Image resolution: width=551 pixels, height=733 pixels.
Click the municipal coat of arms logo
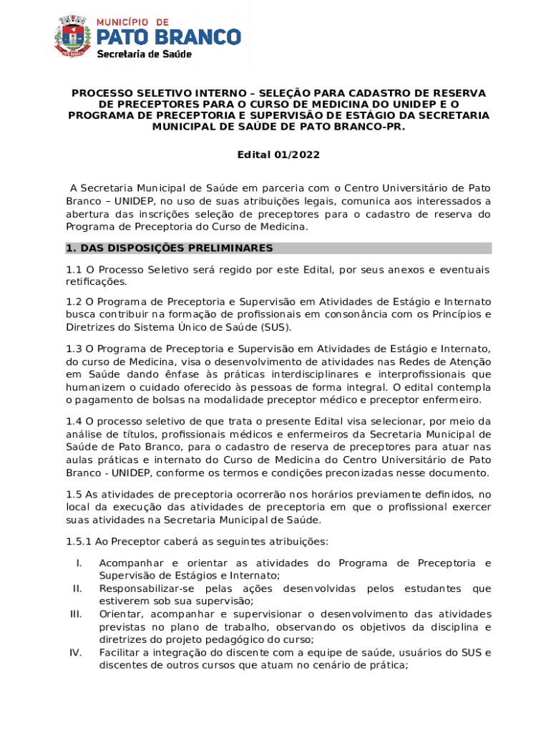(74, 39)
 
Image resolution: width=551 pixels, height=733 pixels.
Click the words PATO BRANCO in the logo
(169, 37)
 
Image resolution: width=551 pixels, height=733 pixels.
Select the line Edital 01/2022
(278, 155)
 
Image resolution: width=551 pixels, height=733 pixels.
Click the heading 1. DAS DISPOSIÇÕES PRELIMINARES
(170, 248)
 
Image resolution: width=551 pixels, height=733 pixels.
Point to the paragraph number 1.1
(74, 270)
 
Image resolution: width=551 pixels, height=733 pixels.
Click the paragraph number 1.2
(74, 302)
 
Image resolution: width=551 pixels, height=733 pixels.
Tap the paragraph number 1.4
(74, 421)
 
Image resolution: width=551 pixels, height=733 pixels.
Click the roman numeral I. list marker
(79, 563)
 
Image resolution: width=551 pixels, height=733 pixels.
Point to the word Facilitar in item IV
(120, 653)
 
